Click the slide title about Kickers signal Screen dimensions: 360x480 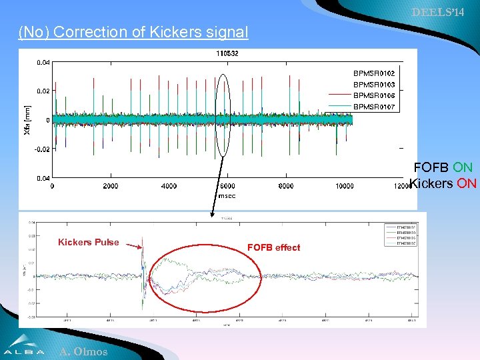133,32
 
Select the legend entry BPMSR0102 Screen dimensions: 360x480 373,73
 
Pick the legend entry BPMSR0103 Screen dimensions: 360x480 373,84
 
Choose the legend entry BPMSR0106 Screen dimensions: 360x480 373,95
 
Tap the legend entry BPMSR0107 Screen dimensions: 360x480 373,107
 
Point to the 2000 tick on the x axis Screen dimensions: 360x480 110,187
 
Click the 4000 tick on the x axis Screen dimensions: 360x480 169,187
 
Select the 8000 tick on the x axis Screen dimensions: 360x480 285,187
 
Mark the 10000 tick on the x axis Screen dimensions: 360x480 345,187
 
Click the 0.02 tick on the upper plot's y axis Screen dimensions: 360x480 42,91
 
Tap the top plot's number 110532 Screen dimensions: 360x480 227,53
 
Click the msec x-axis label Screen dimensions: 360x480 227,196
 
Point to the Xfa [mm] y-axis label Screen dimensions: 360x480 27,121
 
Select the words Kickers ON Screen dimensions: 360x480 443,183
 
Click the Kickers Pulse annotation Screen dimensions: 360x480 88,242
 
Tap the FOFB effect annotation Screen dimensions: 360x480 273,247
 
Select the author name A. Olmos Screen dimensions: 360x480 83,351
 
